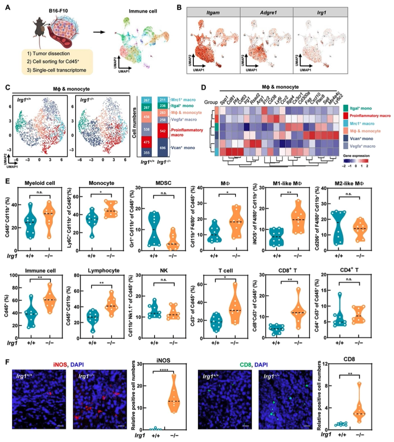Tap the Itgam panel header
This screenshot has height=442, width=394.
click(214, 13)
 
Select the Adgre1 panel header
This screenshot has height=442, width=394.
click(266, 13)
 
